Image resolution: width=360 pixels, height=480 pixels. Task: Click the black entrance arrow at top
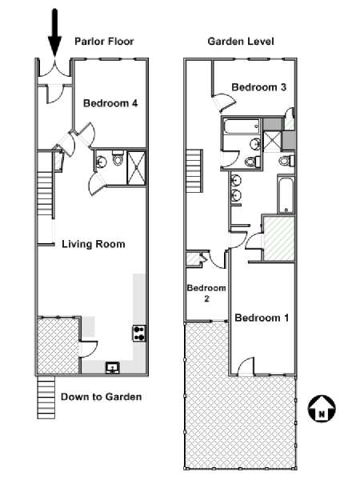click(54, 32)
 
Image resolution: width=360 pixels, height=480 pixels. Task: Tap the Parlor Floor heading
click(104, 42)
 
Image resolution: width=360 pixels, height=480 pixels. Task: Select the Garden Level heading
click(241, 42)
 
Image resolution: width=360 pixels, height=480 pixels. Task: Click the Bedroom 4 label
click(110, 103)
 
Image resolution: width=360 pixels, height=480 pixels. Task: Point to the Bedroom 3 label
click(259, 87)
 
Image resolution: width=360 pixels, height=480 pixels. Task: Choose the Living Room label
click(94, 244)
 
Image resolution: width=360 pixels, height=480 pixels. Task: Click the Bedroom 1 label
click(262, 318)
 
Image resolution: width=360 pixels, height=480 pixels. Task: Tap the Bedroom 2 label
click(206, 293)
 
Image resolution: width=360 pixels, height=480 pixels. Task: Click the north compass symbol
click(322, 408)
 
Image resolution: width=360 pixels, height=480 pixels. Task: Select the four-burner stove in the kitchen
click(139, 334)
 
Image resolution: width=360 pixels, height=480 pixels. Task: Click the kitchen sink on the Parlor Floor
click(113, 367)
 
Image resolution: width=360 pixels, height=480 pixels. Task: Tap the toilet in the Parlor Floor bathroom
click(118, 158)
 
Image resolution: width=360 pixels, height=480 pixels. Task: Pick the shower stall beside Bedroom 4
click(136, 168)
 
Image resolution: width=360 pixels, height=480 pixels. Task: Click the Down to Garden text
click(102, 397)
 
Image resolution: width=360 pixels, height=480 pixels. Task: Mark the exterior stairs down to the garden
click(46, 398)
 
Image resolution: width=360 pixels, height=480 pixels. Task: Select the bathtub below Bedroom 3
click(242, 126)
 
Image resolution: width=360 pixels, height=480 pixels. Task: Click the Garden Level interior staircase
click(194, 171)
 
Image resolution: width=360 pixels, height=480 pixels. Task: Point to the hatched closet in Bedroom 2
click(193, 259)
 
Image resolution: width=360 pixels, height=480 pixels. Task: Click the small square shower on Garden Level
click(272, 141)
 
